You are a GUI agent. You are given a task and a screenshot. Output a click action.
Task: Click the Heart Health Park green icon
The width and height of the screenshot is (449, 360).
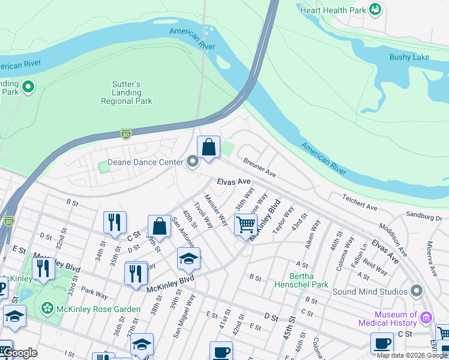point(375,9)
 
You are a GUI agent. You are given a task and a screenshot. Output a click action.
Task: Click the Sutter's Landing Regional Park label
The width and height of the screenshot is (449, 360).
point(126,93)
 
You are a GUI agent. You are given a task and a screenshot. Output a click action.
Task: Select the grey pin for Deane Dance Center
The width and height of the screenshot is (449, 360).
point(192,161)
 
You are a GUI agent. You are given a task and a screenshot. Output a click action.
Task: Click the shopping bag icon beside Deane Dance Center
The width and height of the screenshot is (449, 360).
point(208,147)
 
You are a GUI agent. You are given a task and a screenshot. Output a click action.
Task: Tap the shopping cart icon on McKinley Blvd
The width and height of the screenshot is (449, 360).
point(246,225)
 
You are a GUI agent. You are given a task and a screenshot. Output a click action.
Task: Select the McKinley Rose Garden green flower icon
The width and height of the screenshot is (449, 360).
point(47,308)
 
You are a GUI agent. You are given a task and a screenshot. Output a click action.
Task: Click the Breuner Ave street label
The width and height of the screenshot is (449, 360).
point(259,167)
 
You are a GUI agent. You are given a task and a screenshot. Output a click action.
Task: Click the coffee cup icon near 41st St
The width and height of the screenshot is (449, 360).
point(220,351)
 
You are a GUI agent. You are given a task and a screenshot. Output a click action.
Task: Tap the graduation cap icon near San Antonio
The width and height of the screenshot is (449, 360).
point(188,259)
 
